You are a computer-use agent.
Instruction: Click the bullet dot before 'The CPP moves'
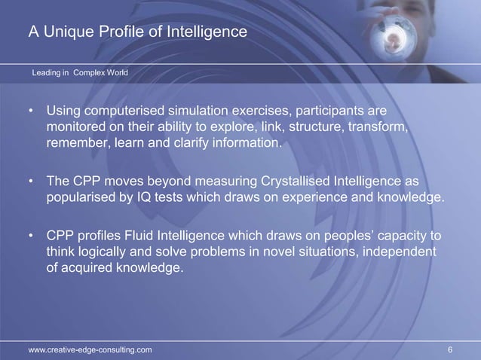tap(31, 183)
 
